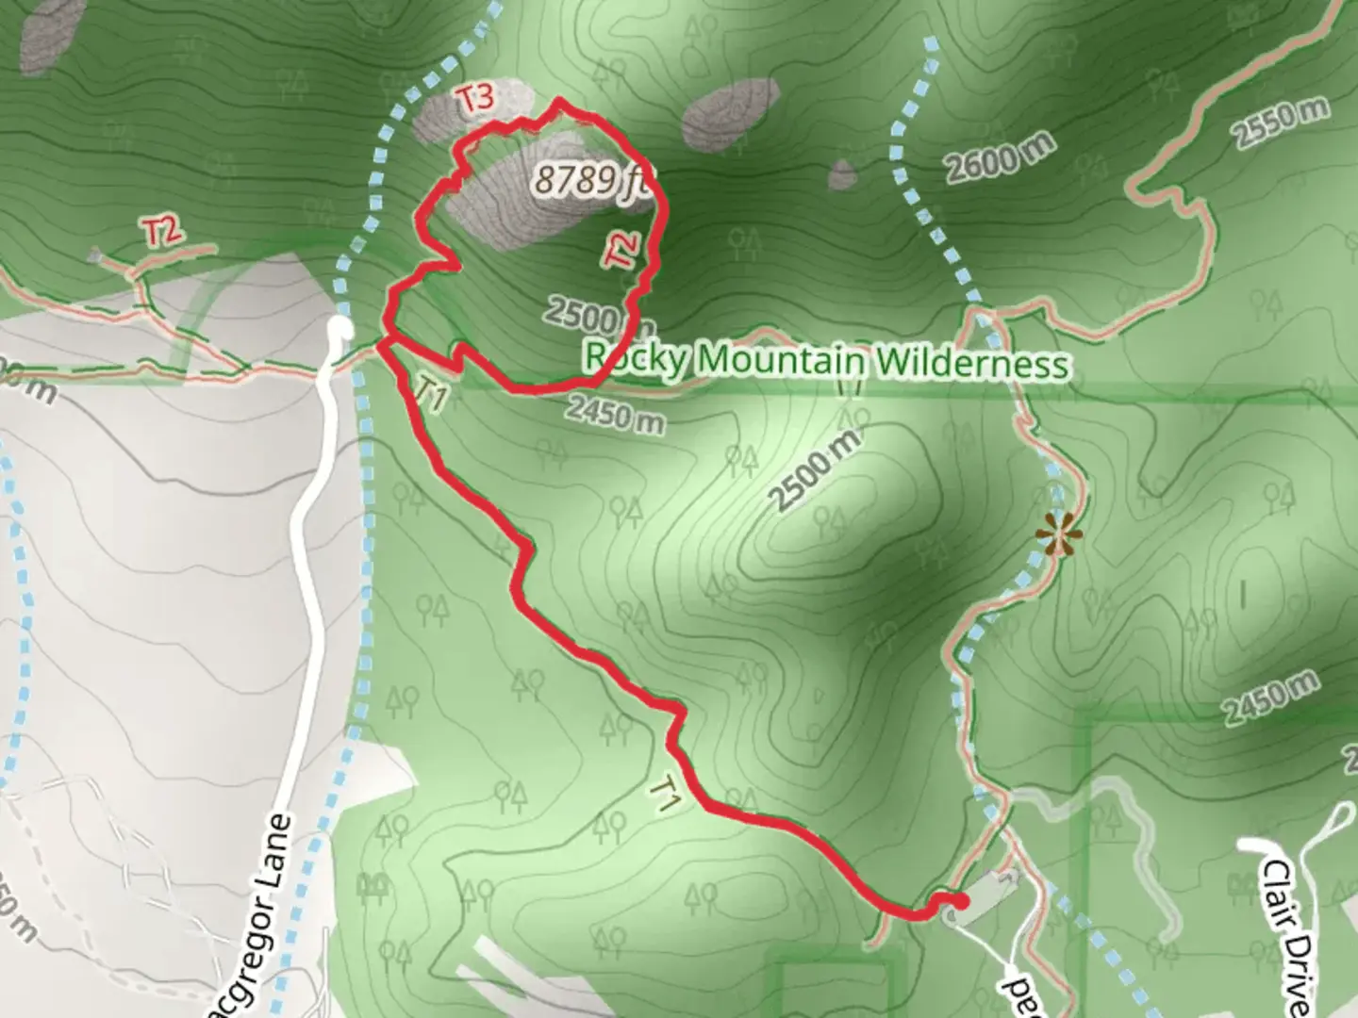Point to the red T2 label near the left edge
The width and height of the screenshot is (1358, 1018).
tap(163, 231)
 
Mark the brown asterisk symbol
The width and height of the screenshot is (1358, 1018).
tap(1058, 537)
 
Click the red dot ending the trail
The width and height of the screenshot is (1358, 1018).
tap(961, 903)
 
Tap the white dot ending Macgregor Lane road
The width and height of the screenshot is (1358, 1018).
tap(339, 327)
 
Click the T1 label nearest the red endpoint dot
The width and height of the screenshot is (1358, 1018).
tap(666, 794)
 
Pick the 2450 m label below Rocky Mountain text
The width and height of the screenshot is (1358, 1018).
tap(616, 413)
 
